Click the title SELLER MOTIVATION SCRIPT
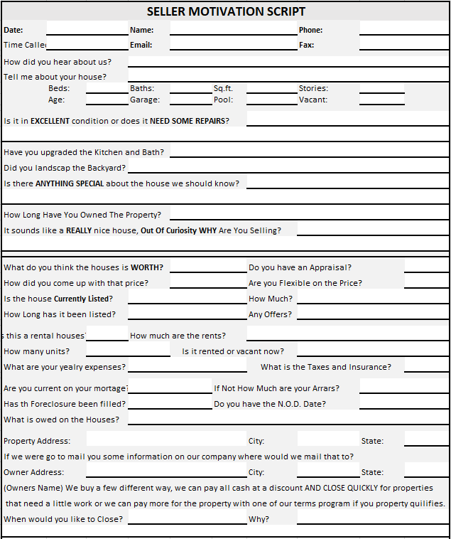(226, 11)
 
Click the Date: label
(13, 30)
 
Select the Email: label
(141, 45)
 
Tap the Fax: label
(306, 45)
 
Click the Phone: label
(310, 30)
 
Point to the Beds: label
(59, 88)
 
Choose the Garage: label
(145, 100)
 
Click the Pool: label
(223, 100)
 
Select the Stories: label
(313, 88)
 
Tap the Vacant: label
(313, 100)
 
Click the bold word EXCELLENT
(50, 121)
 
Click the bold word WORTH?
(147, 267)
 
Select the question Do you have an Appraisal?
(300, 267)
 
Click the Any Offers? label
(270, 314)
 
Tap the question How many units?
(36, 351)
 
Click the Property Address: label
(37, 441)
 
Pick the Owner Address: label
(33, 472)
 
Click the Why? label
(259, 519)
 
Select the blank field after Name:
(233, 30)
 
